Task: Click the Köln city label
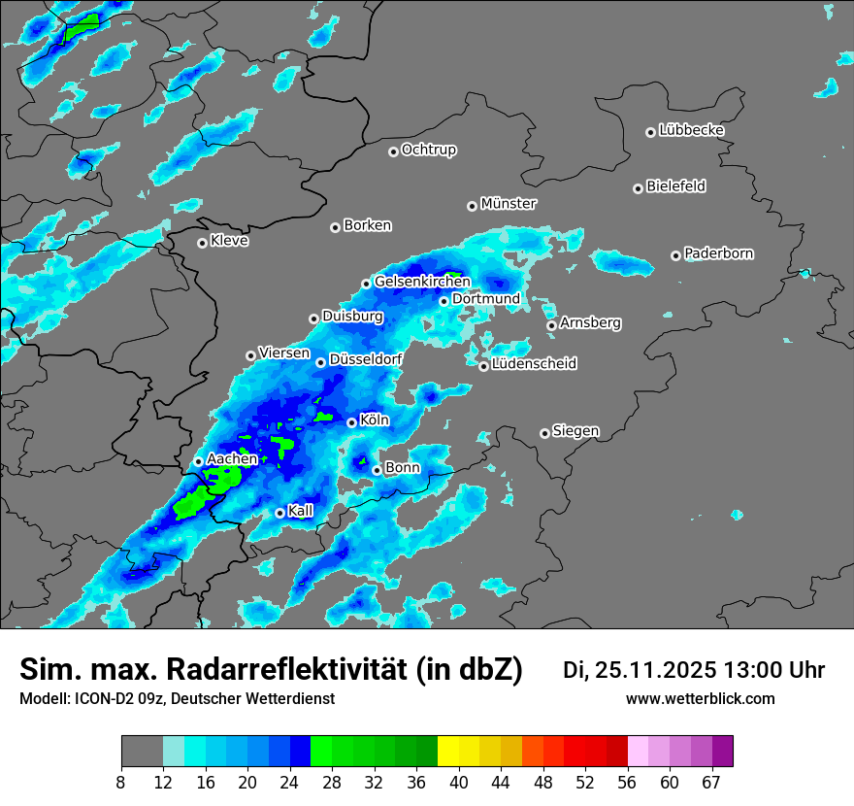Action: point(375,420)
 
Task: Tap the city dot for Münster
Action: point(472,206)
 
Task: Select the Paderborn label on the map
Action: point(719,253)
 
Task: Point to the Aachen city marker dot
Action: point(199,461)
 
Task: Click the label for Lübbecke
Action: point(691,130)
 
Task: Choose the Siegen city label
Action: point(575,430)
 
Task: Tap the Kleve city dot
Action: point(202,243)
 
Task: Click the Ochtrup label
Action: point(429,150)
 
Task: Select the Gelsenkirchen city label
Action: point(422,282)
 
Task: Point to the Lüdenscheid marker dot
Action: point(483,366)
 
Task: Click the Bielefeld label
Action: point(675,185)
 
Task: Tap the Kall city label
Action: point(301,510)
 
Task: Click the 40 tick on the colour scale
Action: point(458,781)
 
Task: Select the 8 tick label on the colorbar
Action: point(121,781)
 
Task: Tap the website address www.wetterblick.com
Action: point(701,698)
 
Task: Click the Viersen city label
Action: point(284,353)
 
